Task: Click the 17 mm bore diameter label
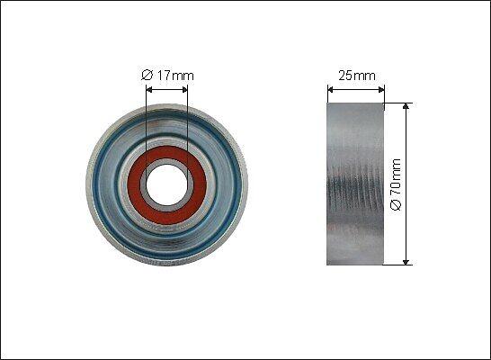[x=167, y=76]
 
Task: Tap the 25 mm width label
[x=357, y=76]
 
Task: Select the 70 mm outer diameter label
[x=396, y=184]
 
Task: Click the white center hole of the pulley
[x=166, y=185]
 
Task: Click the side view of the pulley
[x=355, y=184]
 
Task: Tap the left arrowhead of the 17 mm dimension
[x=149, y=90]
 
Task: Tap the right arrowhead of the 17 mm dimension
[x=184, y=90]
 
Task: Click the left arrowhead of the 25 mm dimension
[x=330, y=90]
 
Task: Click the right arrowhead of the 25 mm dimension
[x=381, y=90]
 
